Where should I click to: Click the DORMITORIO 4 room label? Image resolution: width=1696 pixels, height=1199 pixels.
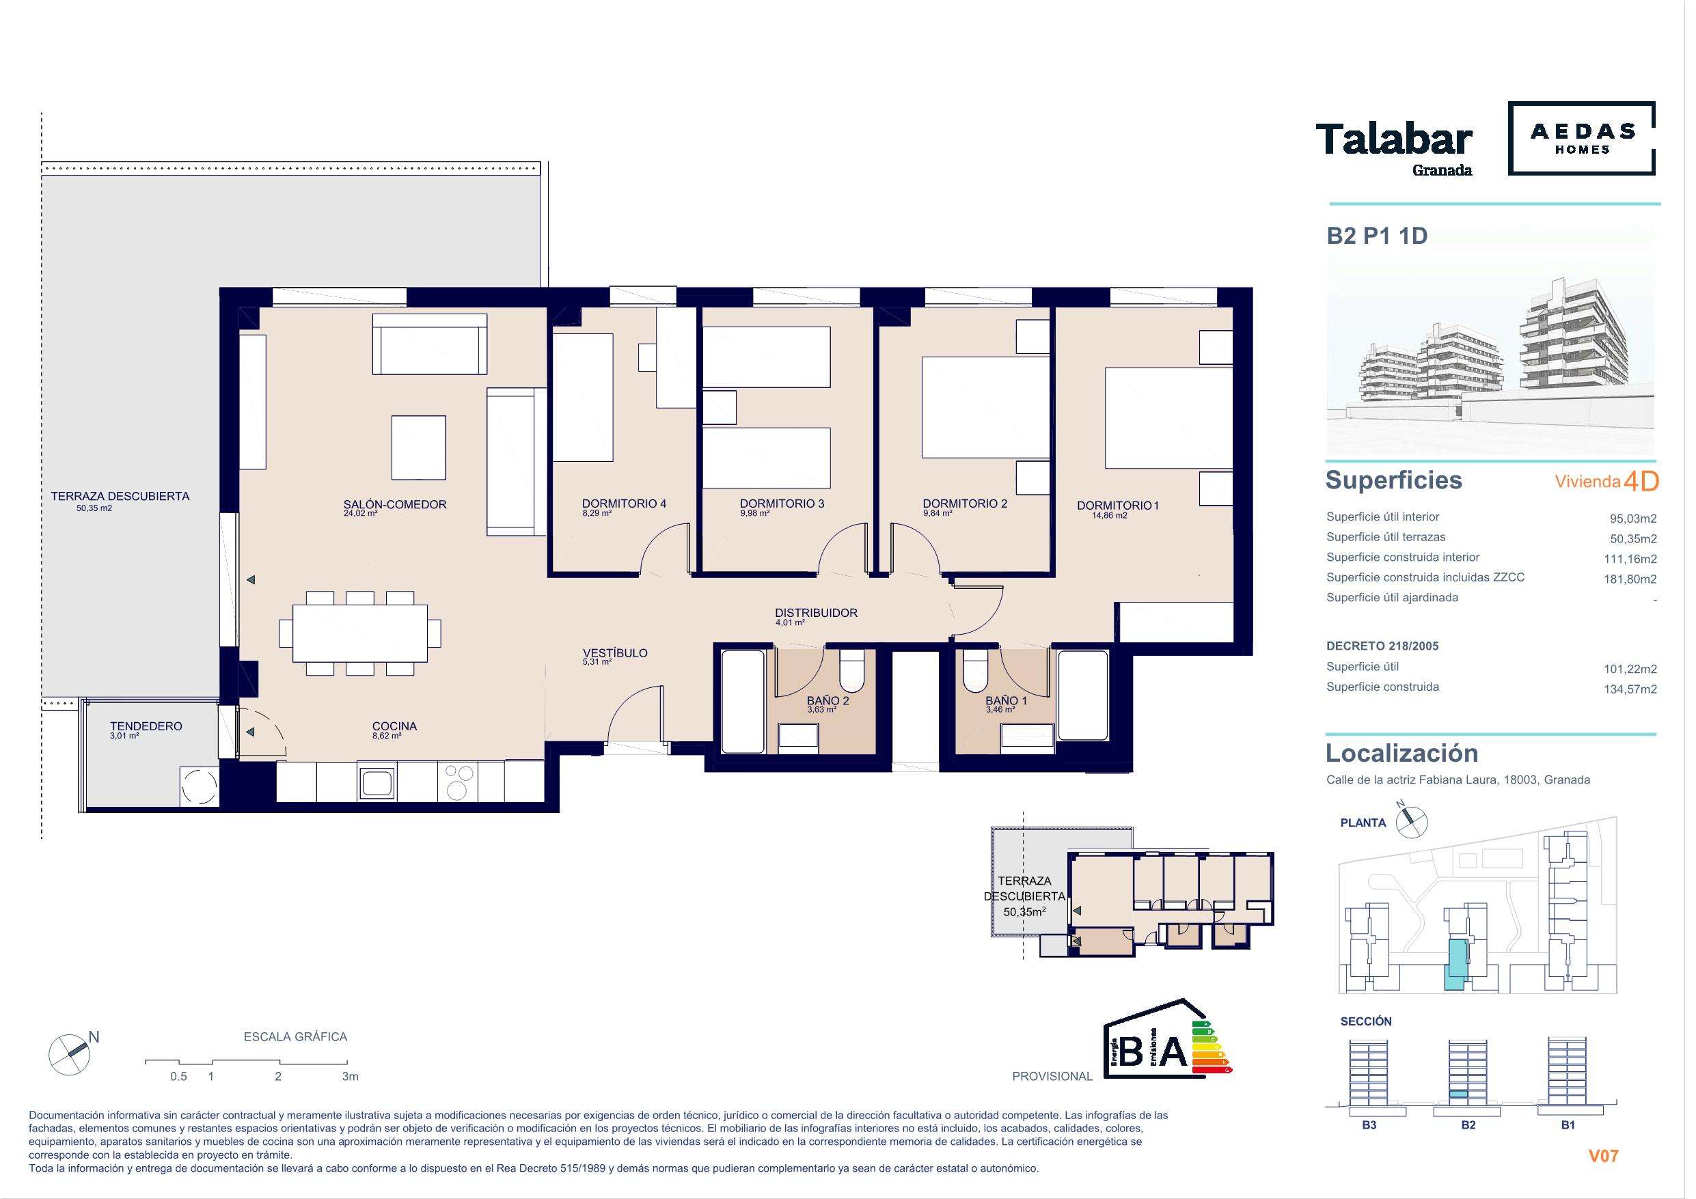624,504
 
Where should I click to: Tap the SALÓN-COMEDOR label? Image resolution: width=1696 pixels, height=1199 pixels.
395,505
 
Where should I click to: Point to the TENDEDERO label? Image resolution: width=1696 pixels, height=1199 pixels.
146,726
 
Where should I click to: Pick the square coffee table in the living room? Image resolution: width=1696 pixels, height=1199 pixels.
419,447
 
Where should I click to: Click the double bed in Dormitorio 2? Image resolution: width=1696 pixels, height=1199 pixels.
986,407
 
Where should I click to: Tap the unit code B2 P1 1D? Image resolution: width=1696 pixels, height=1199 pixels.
1375,236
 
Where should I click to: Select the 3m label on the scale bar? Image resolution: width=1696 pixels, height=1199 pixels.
350,1076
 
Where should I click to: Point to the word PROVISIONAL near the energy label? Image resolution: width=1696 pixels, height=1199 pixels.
1052,1076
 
